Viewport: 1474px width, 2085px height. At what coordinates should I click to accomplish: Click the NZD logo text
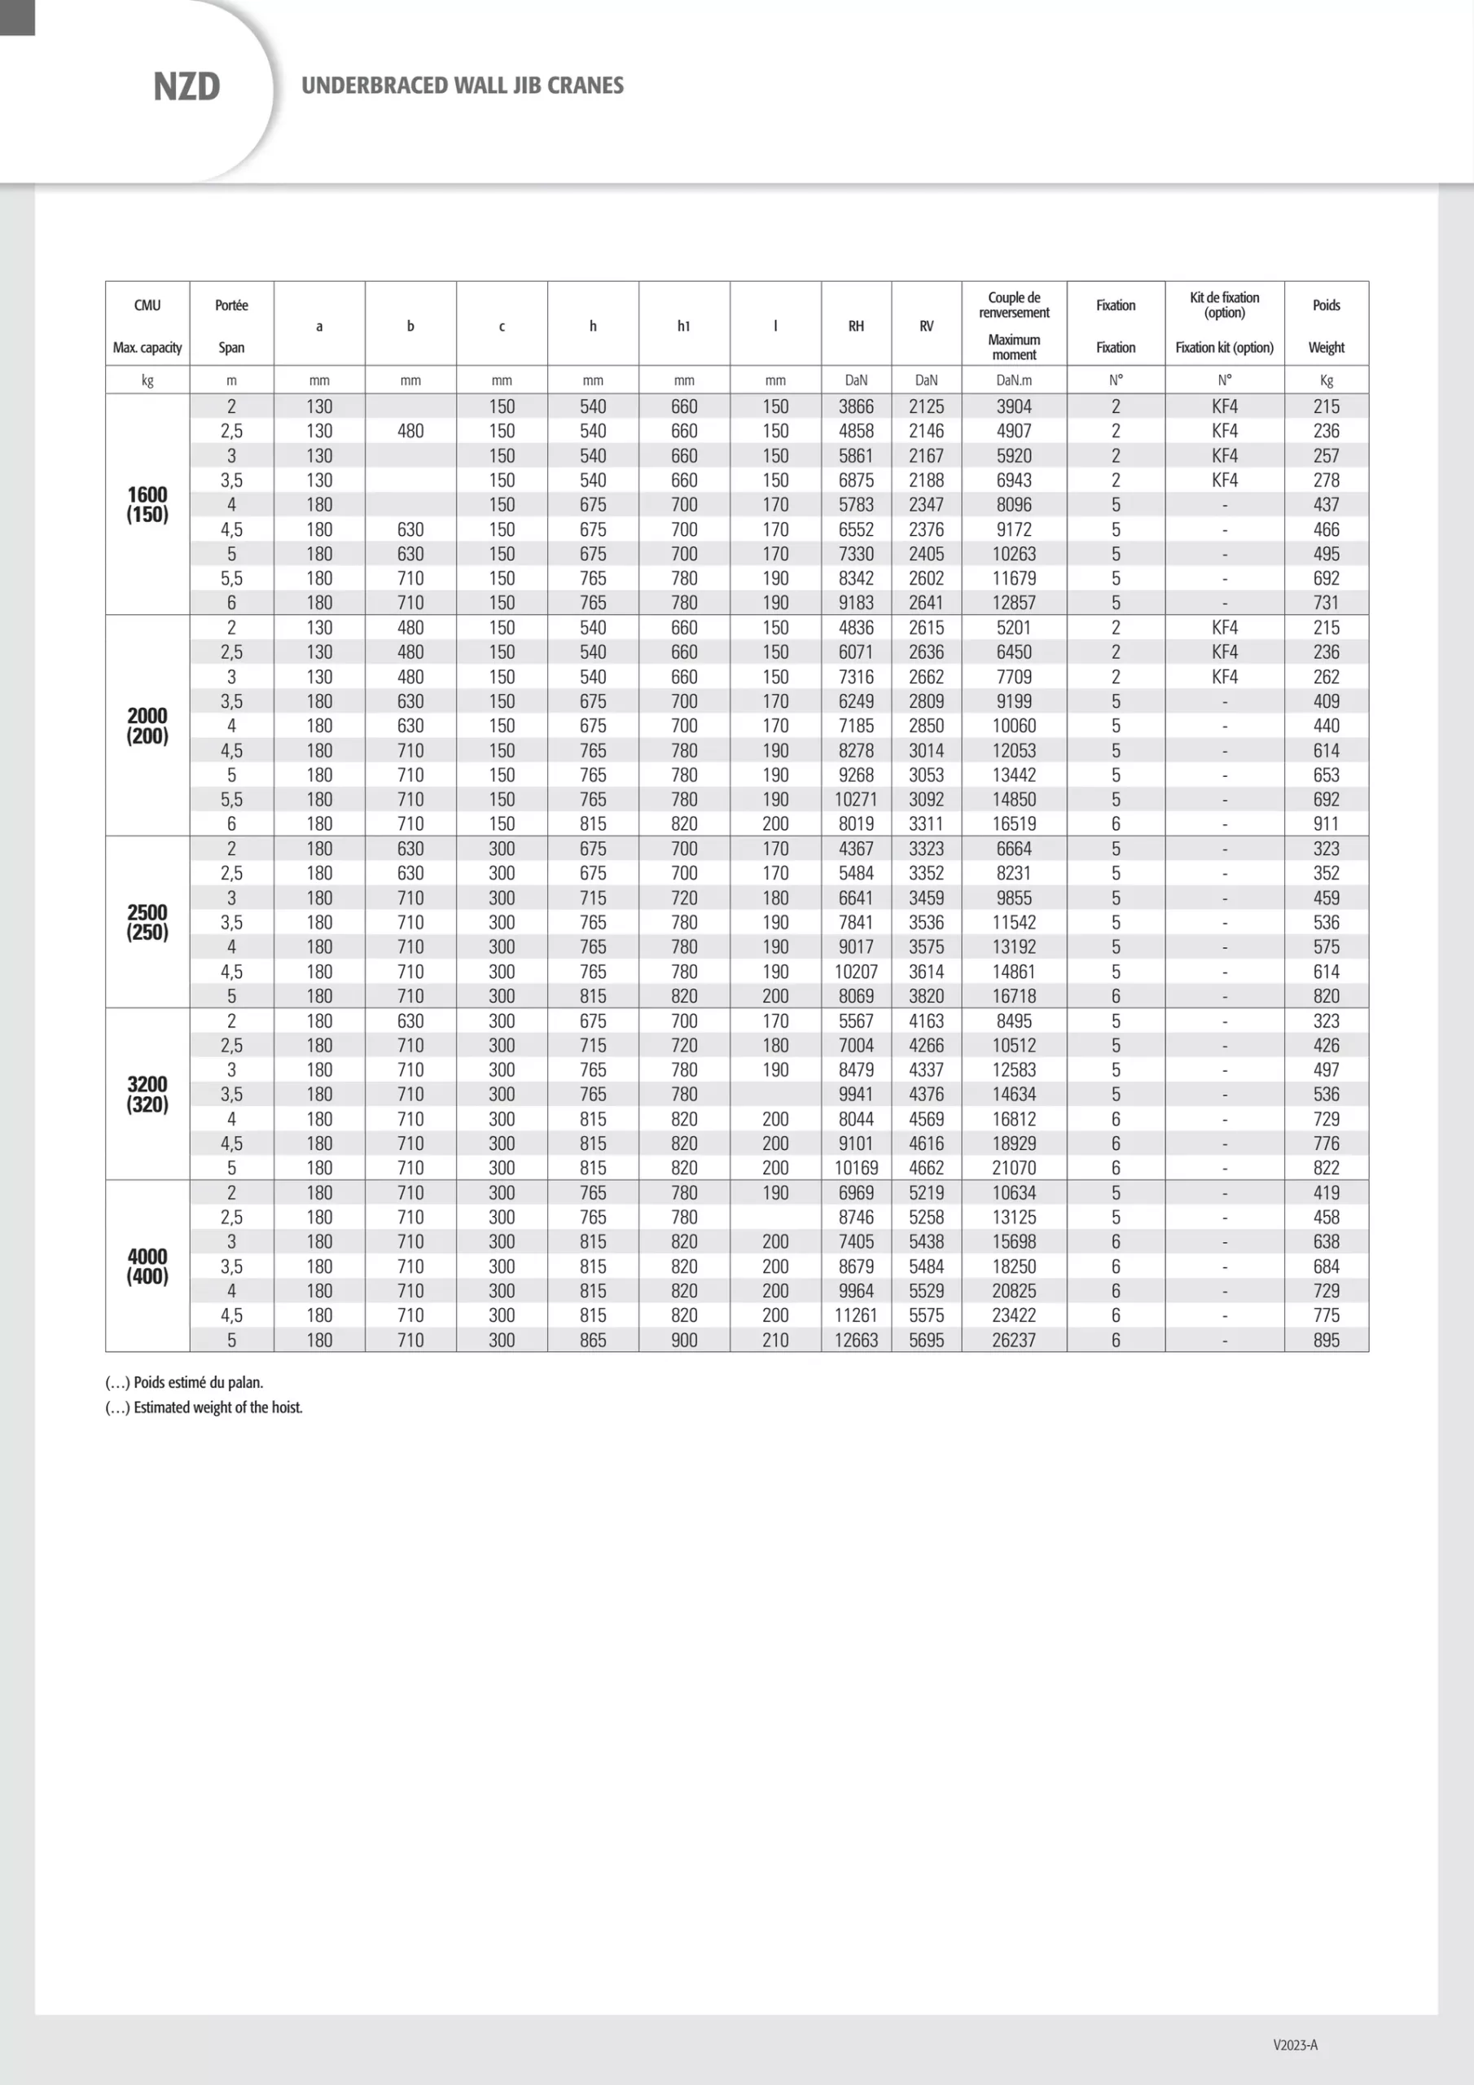coord(186,86)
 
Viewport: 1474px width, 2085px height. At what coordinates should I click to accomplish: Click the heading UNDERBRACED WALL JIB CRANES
coord(463,86)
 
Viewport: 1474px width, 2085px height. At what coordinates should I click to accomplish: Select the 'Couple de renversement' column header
coord(1014,305)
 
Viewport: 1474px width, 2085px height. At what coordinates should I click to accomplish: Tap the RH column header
coord(856,326)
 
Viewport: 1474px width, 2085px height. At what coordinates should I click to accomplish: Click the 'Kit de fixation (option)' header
coord(1224,305)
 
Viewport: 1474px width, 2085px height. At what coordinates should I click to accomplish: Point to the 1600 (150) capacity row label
coord(147,504)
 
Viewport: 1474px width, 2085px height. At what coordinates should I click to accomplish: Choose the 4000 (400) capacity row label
coord(147,1266)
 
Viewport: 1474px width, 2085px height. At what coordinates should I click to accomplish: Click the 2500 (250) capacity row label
coord(147,922)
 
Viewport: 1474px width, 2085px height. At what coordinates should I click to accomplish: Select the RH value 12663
coord(856,1340)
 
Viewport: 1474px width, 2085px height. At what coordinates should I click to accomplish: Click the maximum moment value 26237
coord(1014,1340)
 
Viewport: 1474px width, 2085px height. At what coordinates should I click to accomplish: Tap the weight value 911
coord(1326,823)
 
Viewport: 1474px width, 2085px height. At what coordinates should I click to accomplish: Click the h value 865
coord(593,1340)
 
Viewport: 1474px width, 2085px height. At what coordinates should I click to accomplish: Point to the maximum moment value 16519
coord(1014,823)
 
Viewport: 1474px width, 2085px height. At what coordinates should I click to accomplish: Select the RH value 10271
coord(856,799)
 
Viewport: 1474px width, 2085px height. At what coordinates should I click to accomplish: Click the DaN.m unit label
coord(1014,380)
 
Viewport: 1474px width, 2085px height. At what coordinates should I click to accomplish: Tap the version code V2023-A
coord(1295,2045)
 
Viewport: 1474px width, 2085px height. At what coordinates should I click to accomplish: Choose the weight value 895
coord(1326,1340)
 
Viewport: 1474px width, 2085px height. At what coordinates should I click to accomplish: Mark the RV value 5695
coord(927,1340)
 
